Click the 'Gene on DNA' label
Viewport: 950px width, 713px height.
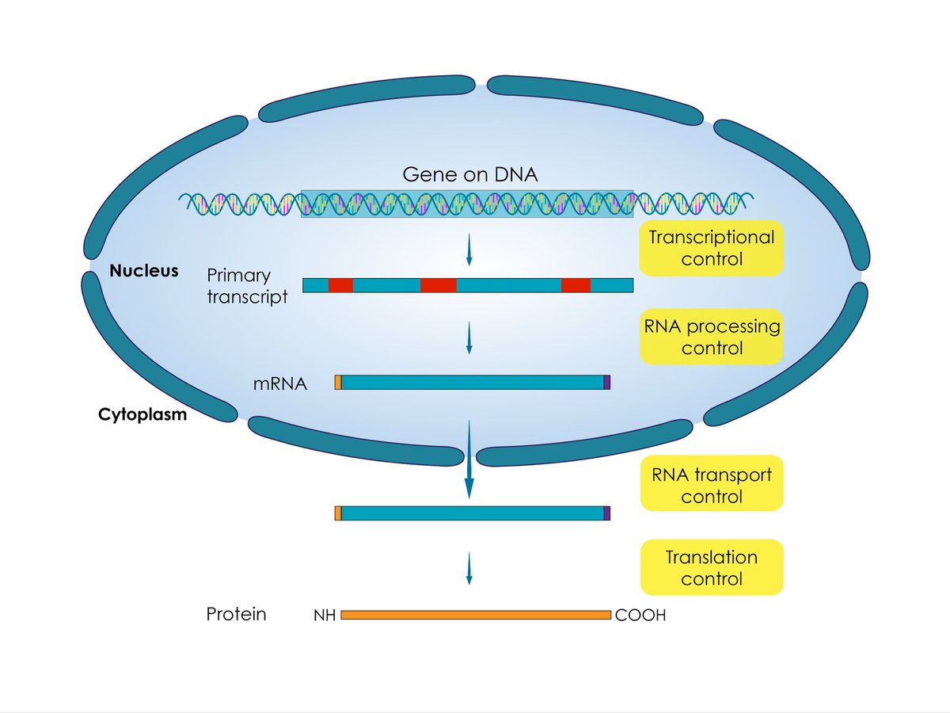point(470,174)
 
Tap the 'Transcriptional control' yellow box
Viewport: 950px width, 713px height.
point(711,248)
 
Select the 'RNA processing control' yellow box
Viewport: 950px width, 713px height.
point(711,337)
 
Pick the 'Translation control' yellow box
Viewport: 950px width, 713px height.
point(711,567)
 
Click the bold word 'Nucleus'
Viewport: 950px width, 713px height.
point(143,271)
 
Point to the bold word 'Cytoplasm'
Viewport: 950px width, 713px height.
point(142,414)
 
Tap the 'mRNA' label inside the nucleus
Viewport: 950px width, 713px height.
point(280,384)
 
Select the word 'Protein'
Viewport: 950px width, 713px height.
point(236,614)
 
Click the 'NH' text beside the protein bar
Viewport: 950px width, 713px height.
point(325,615)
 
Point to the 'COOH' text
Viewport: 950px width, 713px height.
point(640,615)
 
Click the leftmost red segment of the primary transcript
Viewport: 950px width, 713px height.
point(340,285)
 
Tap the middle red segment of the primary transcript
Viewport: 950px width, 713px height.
point(438,285)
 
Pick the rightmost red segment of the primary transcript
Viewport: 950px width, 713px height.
point(576,285)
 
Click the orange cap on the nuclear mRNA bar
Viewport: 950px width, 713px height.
point(338,383)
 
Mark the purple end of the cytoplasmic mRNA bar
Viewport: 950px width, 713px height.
point(607,513)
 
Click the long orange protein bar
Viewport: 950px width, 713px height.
point(475,615)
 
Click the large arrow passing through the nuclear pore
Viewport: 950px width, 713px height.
point(469,459)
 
